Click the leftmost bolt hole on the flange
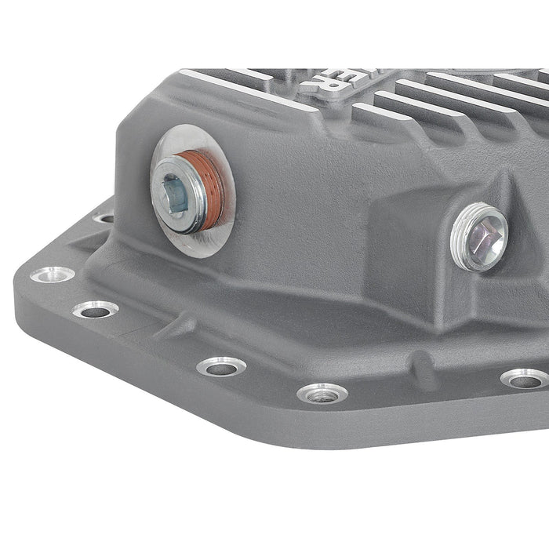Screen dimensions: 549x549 [52, 274]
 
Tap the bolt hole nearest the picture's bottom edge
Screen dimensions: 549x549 [322, 393]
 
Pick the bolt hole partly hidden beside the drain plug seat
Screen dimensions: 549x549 [104, 217]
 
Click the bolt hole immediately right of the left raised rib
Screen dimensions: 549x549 [222, 365]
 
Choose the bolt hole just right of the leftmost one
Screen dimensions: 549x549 [96, 310]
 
